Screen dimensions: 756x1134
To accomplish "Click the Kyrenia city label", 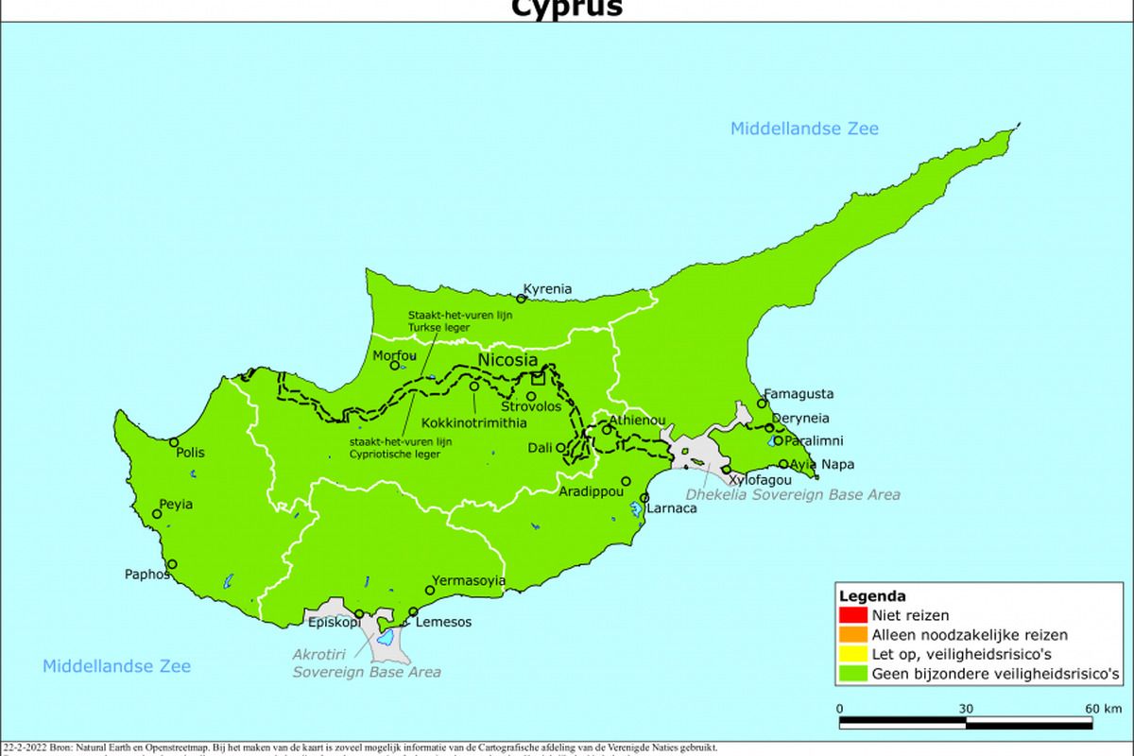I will click(554, 289).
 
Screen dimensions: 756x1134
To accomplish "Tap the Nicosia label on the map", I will click(507, 360).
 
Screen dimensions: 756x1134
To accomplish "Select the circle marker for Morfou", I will click(395, 365).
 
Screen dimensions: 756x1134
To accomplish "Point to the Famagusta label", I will click(799, 394).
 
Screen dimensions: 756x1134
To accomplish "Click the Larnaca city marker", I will click(644, 498).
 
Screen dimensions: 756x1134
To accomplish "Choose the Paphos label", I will click(147, 574).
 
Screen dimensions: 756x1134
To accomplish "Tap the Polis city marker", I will click(174, 441).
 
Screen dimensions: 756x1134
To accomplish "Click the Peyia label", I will click(176, 505).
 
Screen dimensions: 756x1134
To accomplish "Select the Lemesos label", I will click(444, 622).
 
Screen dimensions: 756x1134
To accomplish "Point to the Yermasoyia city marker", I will click(430, 591).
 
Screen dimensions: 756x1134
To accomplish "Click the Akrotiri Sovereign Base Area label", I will click(366, 664).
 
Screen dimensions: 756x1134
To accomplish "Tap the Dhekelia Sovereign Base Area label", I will click(792, 494).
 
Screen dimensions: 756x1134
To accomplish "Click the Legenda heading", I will click(871, 596).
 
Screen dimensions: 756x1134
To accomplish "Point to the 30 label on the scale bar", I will click(966, 709).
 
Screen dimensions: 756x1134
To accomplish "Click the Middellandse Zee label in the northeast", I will click(804, 129).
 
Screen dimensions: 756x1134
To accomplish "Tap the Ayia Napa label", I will click(822, 464).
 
